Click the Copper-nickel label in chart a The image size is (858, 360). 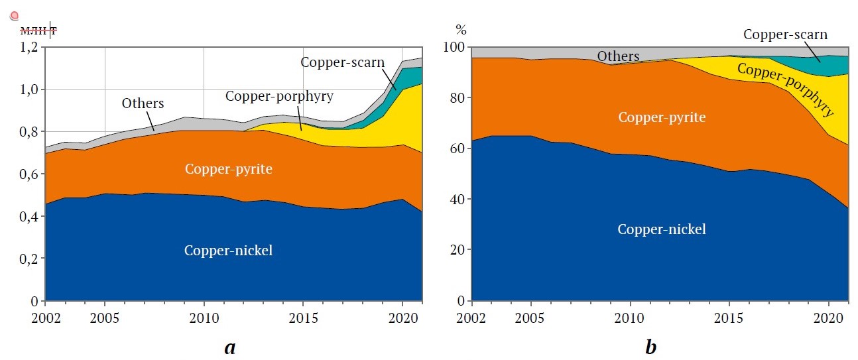(229, 251)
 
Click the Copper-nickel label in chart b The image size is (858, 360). (661, 229)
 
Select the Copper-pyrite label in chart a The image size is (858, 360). (229, 169)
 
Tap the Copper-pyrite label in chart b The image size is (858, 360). (661, 118)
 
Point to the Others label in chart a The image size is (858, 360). (143, 103)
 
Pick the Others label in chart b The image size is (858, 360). (618, 56)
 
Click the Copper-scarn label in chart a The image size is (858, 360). (343, 63)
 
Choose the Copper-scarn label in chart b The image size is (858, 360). (785, 34)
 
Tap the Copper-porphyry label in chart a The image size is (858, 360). (279, 95)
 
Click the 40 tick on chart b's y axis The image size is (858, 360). (458, 200)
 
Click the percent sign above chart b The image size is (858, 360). (461, 30)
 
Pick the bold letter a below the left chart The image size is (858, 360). (229, 346)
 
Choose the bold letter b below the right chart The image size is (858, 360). (651, 345)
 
